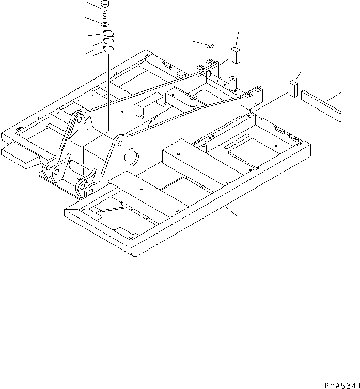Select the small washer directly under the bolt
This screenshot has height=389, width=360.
[104, 24]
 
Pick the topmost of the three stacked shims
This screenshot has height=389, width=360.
[107, 35]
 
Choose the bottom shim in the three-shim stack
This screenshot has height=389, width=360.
[108, 49]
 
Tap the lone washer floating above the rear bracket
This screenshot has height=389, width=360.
[210, 47]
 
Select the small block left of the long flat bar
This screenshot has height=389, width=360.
[293, 88]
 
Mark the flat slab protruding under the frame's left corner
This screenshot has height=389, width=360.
[21, 155]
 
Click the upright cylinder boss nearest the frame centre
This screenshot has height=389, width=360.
[194, 101]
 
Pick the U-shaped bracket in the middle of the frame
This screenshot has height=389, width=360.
[146, 105]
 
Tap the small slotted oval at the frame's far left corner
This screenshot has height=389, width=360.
[20, 128]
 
